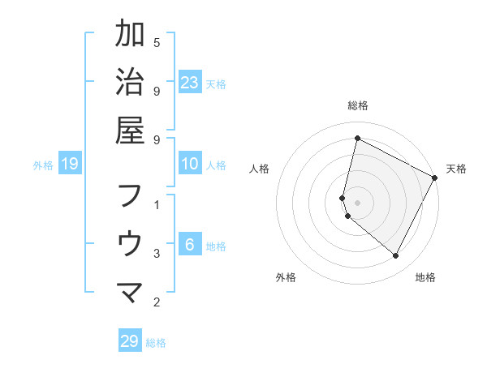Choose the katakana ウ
coord(130,243)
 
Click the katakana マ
coord(130,292)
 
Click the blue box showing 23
coord(190,82)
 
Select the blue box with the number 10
coord(190,165)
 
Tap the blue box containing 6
coord(190,246)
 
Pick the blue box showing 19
coord(70,165)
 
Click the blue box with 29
coord(129,341)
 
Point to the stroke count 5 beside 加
coord(157,42)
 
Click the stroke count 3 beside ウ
coord(157,254)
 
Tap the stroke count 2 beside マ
coord(157,302)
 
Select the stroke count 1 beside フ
coord(157,204)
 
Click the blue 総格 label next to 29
coord(157,343)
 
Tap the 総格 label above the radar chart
coord(358,105)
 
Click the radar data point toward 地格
coord(396,256)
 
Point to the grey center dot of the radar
coord(358,203)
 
